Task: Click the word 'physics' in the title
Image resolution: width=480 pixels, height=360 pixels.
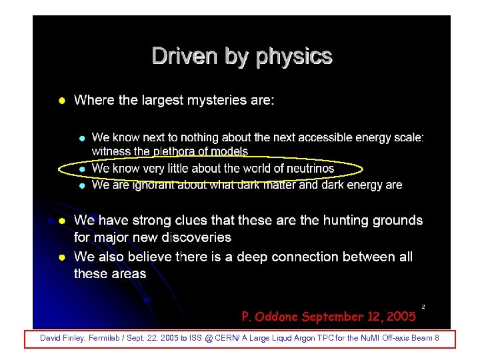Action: [x=295, y=57]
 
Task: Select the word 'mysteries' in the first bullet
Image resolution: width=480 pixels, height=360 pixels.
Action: [x=213, y=100]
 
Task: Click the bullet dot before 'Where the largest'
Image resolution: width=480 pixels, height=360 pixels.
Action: [x=61, y=101]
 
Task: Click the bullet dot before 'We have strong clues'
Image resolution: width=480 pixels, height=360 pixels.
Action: [x=61, y=221]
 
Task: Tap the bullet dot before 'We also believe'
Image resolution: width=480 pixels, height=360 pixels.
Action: [x=61, y=257]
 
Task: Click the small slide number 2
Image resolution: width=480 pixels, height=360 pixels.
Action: [x=423, y=306]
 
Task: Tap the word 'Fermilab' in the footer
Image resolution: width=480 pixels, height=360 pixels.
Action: [x=98, y=339]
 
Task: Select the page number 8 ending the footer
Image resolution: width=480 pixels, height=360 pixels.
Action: [x=437, y=339]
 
